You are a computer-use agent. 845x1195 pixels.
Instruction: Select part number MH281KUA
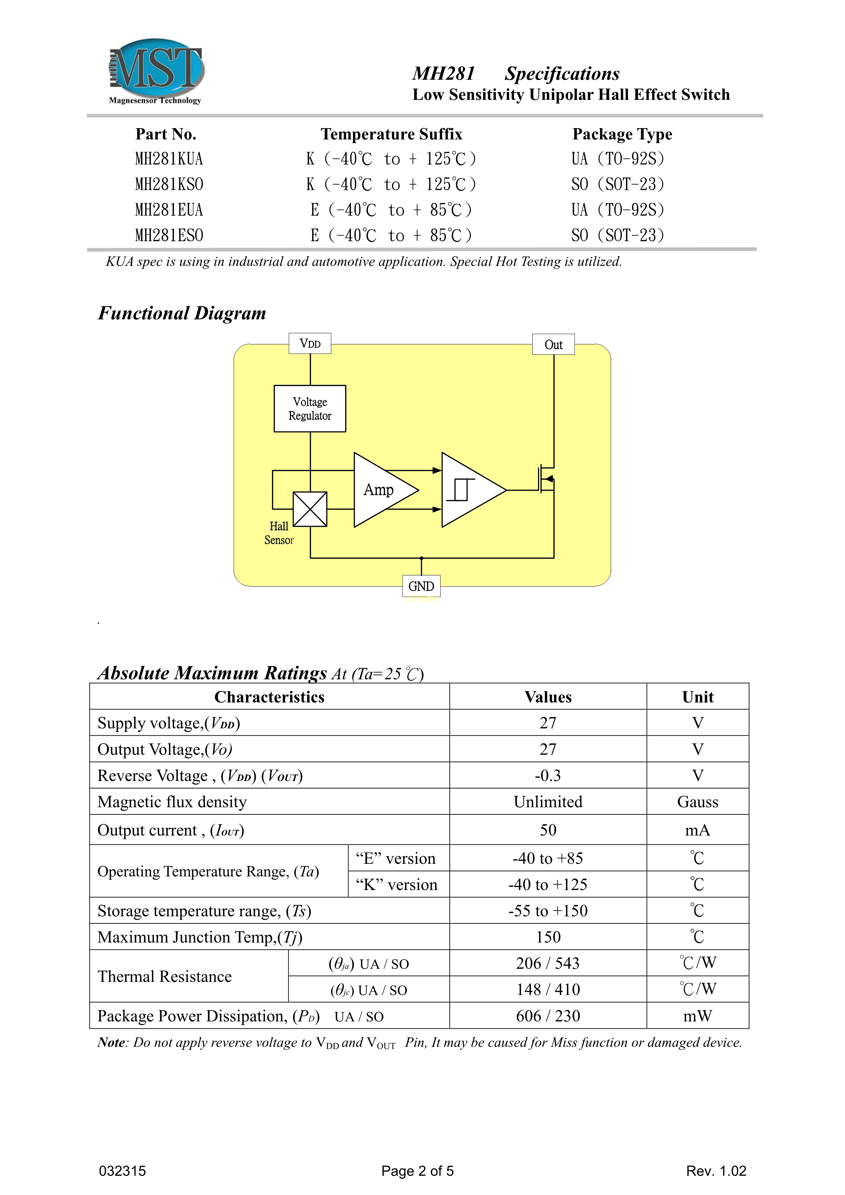[169, 159]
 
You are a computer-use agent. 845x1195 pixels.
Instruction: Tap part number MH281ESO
[169, 235]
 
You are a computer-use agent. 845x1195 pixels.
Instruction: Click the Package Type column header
[622, 134]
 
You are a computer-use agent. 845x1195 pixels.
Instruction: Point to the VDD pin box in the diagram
[310, 343]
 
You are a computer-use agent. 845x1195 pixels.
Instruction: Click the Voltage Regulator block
[310, 409]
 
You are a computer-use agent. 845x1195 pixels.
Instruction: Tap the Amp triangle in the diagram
[380, 490]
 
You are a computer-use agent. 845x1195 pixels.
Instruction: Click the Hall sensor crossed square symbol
[310, 509]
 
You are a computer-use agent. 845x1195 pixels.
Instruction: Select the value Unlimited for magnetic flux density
[548, 802]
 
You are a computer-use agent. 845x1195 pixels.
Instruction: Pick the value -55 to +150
[548, 911]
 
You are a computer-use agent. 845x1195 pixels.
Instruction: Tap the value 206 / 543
[548, 963]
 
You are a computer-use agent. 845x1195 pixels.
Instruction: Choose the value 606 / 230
[548, 1016]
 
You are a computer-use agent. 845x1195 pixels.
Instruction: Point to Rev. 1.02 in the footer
[716, 1171]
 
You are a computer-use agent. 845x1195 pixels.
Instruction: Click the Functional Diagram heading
[182, 313]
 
